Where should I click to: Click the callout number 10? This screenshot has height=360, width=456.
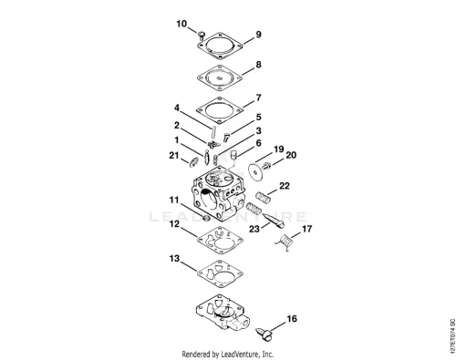181,24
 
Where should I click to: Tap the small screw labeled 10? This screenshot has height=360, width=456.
202,36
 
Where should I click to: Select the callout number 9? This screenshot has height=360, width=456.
258,35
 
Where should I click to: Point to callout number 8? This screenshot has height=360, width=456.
258,65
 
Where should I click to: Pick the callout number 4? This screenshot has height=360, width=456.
177,108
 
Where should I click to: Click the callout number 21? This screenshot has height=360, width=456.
174,156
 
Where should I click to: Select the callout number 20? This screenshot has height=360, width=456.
291,155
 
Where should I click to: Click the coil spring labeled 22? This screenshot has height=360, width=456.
264,197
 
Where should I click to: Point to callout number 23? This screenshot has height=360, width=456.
254,229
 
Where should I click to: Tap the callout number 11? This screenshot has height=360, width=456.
174,200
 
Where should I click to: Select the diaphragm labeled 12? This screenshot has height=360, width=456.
220,240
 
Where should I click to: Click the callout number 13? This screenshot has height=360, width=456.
174,259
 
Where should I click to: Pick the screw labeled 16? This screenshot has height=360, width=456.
264,334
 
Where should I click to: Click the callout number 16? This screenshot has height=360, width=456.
292,319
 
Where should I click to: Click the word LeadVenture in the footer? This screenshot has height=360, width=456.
240,354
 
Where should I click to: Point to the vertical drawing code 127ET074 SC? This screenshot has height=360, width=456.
452,335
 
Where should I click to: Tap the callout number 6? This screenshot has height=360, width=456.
258,143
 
